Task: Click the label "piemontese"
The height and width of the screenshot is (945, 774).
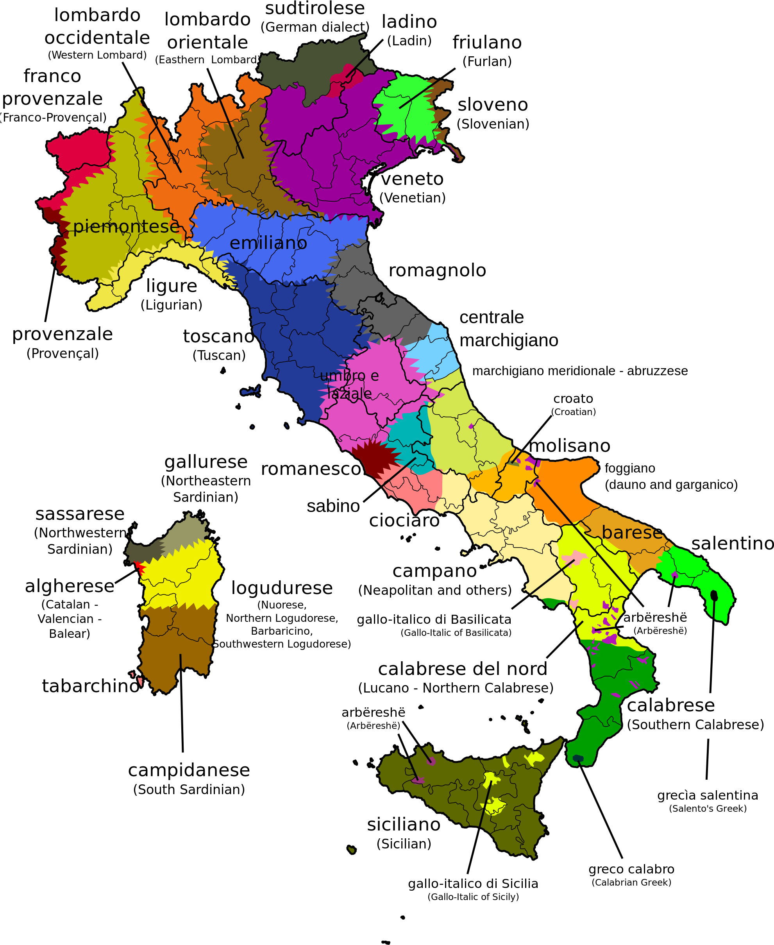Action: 126,227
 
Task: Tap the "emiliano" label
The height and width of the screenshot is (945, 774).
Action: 268,243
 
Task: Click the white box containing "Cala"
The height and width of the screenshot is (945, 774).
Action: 710,715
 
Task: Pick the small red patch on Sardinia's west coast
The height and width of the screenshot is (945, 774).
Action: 140,568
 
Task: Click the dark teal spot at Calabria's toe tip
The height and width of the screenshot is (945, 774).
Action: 578,758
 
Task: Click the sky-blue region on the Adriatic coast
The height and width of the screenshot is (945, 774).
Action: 435,352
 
